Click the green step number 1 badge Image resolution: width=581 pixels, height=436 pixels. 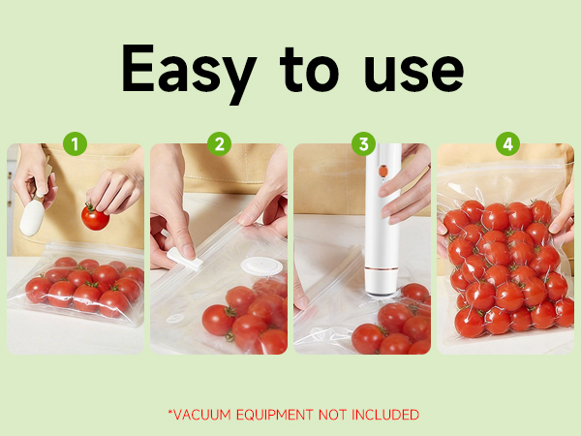click(x=76, y=144)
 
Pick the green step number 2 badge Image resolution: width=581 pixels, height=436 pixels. click(x=219, y=144)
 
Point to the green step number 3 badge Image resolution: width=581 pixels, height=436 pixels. click(x=363, y=144)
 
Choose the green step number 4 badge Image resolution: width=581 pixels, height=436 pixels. click(x=506, y=144)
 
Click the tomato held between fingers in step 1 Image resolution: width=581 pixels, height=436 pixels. click(x=95, y=217)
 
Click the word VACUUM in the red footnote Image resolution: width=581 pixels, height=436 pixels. click(x=201, y=415)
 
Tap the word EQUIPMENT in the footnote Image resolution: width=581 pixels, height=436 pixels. click(x=274, y=415)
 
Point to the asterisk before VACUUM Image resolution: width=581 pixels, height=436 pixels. click(x=169, y=412)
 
